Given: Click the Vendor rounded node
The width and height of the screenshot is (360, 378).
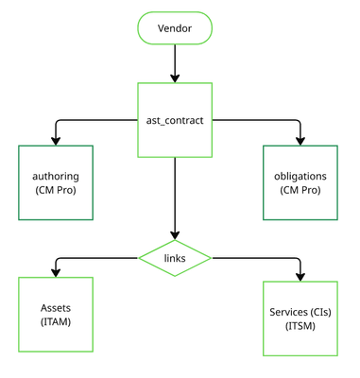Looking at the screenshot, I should coord(175,28).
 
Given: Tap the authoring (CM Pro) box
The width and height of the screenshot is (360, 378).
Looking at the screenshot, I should coord(56,182).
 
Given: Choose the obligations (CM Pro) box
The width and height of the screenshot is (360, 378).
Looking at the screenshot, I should coord(300,182).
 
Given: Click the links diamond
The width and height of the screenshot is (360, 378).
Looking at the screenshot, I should coord(175,257).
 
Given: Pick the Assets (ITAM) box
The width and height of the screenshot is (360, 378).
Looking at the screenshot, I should coord(56,315).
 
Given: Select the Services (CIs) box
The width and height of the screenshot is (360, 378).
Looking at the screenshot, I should coord(300,318).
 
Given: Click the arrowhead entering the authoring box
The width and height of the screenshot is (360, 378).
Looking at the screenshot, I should coord(56,140).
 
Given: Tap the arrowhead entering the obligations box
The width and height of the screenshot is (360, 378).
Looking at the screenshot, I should coord(300,140).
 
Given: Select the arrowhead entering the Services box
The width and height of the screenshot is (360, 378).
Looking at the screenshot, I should coord(300,276).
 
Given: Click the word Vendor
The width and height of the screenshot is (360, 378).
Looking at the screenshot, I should coord(175,28).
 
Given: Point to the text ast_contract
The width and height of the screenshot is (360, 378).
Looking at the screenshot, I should coord(175,120).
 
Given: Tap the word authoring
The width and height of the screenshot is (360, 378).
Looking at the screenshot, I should coord(56,176).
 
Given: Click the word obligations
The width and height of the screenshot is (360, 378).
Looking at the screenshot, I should coord(300,176).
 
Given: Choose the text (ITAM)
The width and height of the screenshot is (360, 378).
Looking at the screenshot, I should coord(56,322).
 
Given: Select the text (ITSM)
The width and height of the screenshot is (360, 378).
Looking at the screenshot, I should coord(300,326).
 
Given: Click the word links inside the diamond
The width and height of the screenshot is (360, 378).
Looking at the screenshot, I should coord(175,257).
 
